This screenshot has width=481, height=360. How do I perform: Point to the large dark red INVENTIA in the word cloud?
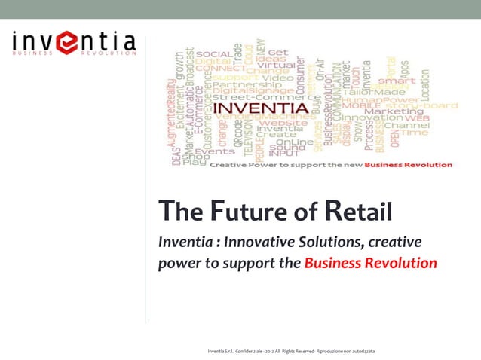coord(261,108)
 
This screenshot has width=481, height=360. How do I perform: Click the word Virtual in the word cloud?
coord(275,65)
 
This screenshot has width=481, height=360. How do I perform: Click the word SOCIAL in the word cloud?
coord(214,54)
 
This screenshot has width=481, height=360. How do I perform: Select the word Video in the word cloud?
coord(277,77)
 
